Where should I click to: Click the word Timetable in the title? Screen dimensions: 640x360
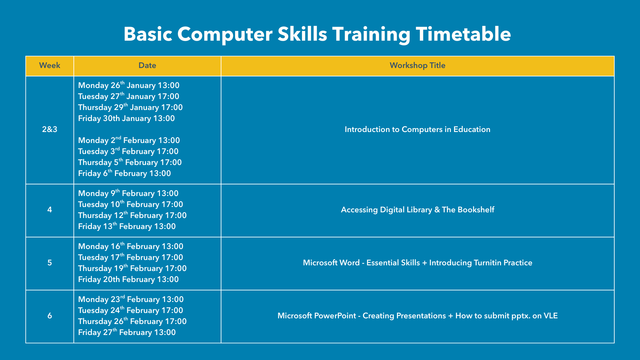tap(463, 34)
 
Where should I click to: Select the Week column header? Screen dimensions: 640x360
tap(50, 65)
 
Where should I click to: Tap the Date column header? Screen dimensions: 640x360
tap(147, 65)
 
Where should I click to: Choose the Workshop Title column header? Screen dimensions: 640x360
tap(418, 65)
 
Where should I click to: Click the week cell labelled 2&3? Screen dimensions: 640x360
tap(50, 129)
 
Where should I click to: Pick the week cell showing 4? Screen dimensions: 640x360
tap(50, 210)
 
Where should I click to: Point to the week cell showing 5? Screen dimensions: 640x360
tap(50, 263)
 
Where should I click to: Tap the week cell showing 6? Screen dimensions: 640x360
tap(50, 316)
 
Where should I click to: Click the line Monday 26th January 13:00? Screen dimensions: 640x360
tap(129, 85)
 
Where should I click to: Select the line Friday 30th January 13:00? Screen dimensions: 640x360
tap(126, 118)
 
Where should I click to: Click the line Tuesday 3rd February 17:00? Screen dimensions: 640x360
tap(128, 151)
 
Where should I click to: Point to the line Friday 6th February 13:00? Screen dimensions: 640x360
tap(124, 173)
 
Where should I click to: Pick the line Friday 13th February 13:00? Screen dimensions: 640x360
tap(127, 226)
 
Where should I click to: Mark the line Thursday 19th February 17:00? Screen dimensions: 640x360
tap(132, 268)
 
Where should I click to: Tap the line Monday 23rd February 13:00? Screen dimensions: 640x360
tap(131, 299)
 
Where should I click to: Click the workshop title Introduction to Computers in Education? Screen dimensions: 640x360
tap(418, 129)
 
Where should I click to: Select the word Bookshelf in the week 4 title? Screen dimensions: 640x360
tap(476, 210)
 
